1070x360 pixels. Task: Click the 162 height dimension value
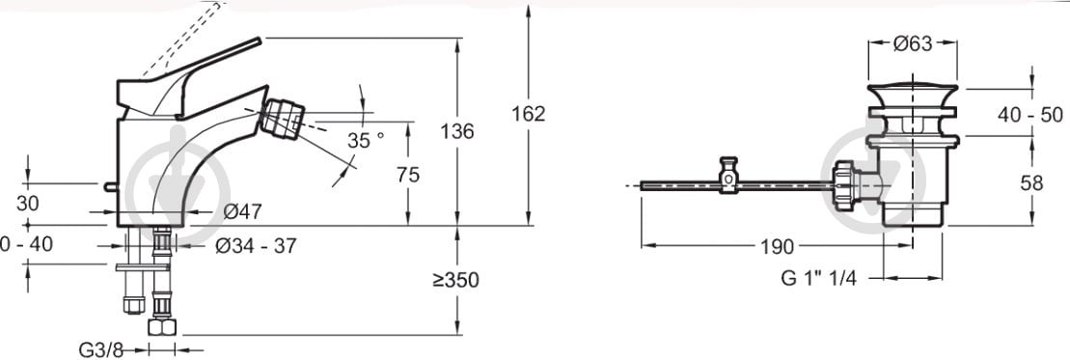[529, 114]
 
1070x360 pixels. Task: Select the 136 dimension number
[457, 131]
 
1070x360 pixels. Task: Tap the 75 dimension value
[408, 175]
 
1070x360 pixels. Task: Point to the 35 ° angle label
[366, 140]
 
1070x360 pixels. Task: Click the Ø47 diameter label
[242, 211]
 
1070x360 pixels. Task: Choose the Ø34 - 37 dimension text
[256, 246]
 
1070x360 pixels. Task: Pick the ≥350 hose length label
[455, 280]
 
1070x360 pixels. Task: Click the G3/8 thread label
[102, 349]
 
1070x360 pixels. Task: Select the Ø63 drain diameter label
[913, 43]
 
